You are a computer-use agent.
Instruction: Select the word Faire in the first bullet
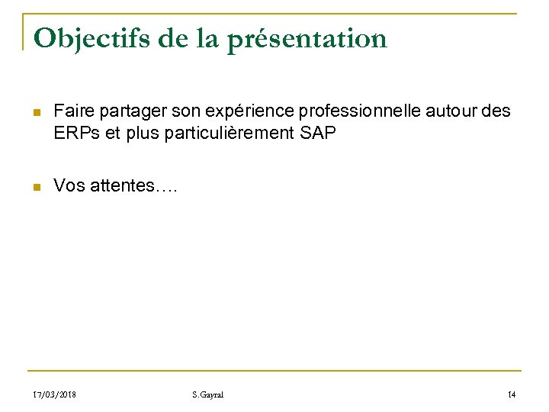(72, 112)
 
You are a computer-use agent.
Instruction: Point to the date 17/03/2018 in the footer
(55, 394)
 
